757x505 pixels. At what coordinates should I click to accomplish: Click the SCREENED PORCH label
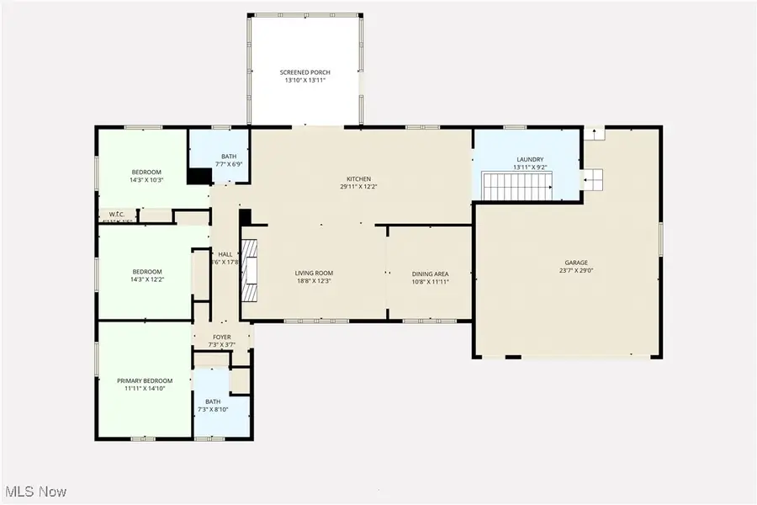(x=304, y=73)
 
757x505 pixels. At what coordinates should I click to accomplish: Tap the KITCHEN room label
(x=359, y=178)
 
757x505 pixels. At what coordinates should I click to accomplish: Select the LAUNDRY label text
(x=530, y=160)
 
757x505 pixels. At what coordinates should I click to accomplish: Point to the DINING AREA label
(x=430, y=274)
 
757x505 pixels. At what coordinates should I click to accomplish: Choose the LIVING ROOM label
(x=314, y=274)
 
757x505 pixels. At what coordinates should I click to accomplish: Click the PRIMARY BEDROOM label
(x=146, y=381)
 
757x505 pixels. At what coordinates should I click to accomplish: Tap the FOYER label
(x=222, y=337)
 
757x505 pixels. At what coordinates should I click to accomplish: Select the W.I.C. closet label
(x=117, y=215)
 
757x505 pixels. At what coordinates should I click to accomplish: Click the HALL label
(x=225, y=254)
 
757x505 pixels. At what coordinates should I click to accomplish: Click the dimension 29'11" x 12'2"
(x=359, y=187)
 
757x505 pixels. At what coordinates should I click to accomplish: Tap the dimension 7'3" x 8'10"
(x=222, y=409)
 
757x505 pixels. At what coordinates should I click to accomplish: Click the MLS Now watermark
(x=35, y=491)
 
